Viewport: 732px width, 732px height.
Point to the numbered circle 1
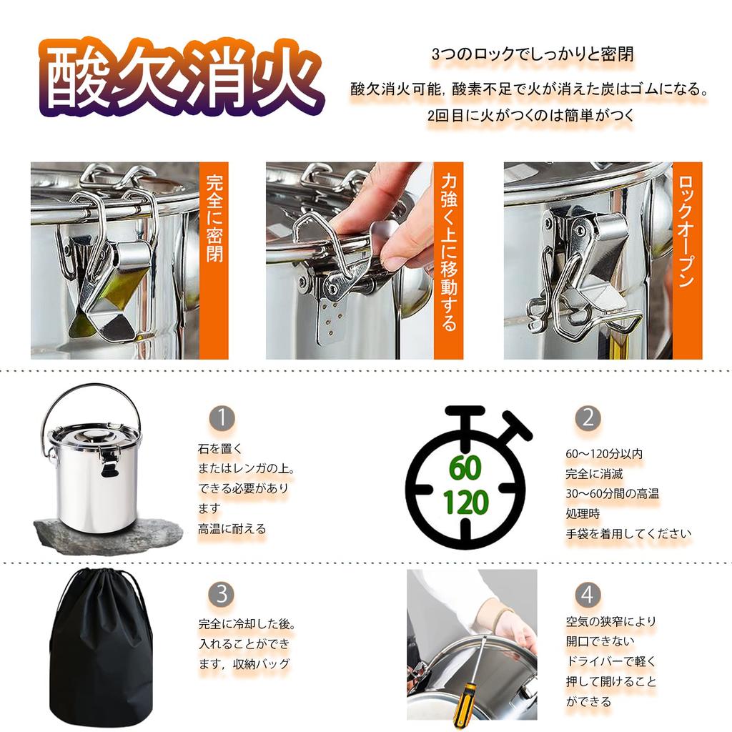(222, 418)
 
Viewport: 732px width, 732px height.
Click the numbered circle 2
(587, 418)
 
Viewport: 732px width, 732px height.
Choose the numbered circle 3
(222, 593)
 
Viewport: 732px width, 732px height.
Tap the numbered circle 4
(587, 594)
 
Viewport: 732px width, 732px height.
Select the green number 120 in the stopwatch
(465, 503)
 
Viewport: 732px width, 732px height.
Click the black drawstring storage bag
(101, 647)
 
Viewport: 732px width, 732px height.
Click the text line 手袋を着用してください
(628, 533)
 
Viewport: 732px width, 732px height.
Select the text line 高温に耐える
(232, 529)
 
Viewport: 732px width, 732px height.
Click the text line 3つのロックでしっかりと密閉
(533, 54)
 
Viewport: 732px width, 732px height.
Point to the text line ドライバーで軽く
(610, 661)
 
